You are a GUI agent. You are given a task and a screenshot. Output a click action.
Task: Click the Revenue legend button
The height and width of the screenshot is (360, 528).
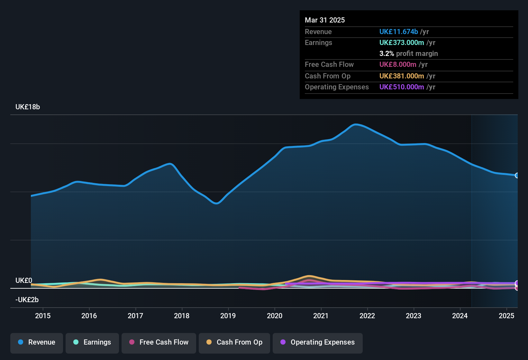pos(37,342)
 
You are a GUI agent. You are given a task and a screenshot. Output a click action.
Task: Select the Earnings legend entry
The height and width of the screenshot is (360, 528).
pos(92,342)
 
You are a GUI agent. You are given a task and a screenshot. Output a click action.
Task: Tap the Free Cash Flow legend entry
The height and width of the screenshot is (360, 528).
pos(159,342)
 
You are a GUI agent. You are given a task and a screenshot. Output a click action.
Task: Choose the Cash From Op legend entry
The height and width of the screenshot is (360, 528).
pos(234,342)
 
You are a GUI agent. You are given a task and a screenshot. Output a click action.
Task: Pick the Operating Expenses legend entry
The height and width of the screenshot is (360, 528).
pos(318,342)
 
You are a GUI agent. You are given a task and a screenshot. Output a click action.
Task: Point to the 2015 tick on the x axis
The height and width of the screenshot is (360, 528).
pos(43,316)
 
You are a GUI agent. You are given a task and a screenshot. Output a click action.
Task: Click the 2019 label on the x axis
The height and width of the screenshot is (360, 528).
pos(228,316)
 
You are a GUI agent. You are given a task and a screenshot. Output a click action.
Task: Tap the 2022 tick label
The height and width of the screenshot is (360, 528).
pos(367,316)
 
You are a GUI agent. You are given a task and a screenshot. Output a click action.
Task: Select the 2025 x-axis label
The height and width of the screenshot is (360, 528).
pos(506,316)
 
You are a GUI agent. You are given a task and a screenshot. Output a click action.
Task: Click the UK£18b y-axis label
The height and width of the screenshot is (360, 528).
pos(28,107)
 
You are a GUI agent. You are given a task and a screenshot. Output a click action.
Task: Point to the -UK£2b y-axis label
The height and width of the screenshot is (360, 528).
pos(27,300)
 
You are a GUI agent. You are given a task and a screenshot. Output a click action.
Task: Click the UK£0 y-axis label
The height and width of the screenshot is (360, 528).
pos(24,281)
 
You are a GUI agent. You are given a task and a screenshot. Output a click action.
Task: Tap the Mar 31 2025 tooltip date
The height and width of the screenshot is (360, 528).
pos(325,20)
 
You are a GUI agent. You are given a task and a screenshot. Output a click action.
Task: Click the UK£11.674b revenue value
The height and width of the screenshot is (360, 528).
pos(399,32)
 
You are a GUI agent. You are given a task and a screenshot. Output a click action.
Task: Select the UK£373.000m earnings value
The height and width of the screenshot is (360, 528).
pos(402,43)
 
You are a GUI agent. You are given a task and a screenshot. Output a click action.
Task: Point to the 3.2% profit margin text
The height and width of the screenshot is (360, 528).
pos(408,54)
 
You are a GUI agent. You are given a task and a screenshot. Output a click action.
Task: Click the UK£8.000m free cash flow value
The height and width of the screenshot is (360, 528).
pos(398,65)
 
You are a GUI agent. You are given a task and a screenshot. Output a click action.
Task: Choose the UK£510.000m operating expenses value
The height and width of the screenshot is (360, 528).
pos(402,87)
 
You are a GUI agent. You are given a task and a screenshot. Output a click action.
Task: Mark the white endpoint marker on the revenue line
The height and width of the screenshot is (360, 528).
pos(517,175)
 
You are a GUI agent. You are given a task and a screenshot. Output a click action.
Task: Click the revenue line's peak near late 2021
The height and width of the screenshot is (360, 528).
pos(355,124)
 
